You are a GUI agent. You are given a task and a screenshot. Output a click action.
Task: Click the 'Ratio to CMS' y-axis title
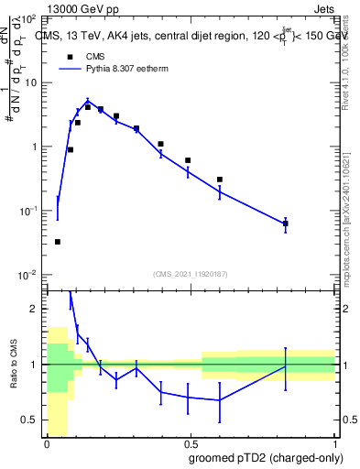[14, 365]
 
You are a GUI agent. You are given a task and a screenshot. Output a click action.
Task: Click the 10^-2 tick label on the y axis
[28, 275]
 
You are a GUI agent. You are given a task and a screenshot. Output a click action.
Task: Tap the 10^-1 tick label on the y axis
[28, 211]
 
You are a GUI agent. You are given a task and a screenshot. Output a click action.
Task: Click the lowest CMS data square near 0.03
[58, 242]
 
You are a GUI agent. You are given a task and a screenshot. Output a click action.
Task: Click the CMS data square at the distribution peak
[88, 107]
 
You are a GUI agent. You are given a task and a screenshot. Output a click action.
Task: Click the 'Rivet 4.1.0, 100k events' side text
[345, 64]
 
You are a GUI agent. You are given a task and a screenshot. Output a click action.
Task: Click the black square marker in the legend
[70, 55]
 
